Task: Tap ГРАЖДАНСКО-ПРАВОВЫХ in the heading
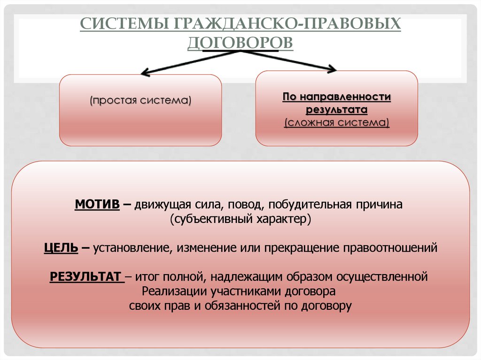(x=287, y=23)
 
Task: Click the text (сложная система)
(x=336, y=123)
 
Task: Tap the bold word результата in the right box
(x=336, y=110)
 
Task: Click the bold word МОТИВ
(x=97, y=205)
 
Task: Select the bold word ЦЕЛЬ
(x=61, y=247)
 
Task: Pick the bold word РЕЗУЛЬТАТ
(x=85, y=276)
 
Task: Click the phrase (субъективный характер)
(x=240, y=219)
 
